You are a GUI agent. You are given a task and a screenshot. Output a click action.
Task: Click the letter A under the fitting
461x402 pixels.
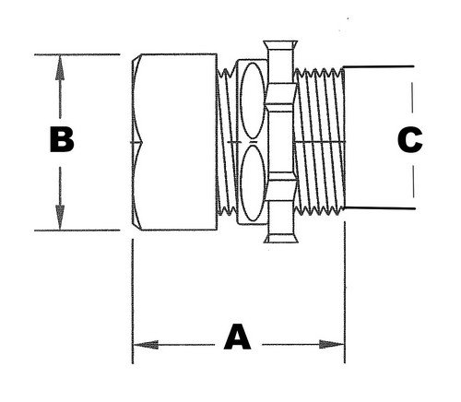(238, 340)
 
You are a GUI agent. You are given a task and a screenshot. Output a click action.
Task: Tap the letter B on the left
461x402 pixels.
(60, 140)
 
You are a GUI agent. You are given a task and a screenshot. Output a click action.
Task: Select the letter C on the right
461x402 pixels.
(408, 139)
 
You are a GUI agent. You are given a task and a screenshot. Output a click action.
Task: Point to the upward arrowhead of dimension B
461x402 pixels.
(60, 63)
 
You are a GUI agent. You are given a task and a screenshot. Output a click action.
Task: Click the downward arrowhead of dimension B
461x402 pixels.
(60, 222)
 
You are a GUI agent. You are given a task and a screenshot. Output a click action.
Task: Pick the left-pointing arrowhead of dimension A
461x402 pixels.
(141, 346)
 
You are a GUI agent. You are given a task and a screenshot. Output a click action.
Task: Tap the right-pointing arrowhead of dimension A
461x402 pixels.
(337, 346)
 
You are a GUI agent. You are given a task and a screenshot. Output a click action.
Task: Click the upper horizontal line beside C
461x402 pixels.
(378, 68)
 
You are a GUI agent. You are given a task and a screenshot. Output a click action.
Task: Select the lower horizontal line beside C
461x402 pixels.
(378, 211)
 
